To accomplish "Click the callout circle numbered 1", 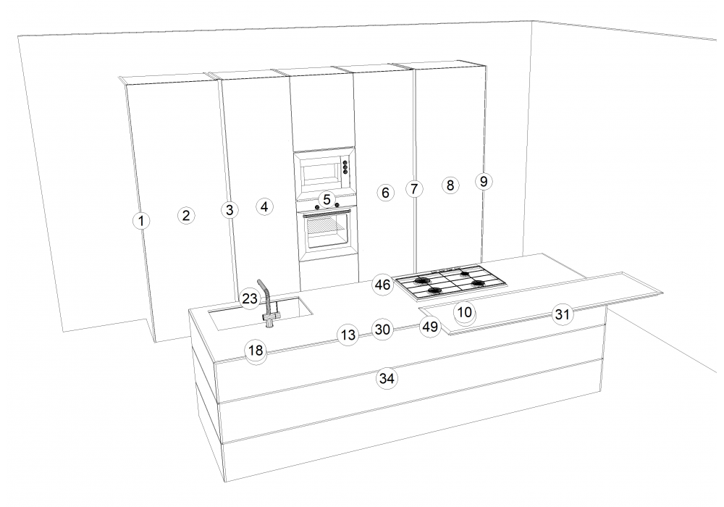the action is coord(141,221).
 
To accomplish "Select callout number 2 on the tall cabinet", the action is coord(186,215).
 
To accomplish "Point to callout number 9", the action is coord(484,182).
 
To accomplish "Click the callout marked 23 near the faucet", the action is coord(249,298).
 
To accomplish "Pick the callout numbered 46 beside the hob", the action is coord(383,285).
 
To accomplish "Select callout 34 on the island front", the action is coord(387,378).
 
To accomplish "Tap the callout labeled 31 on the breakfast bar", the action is coord(562,314).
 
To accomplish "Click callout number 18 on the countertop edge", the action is coord(256,351).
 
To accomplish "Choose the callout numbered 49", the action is coord(430,327).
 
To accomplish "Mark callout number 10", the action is coord(465,312).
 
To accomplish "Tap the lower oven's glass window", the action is coord(327,233).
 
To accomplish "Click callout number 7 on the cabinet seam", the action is coord(414,189).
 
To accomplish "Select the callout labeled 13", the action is coord(348,335).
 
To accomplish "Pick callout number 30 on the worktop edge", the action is coord(383,330).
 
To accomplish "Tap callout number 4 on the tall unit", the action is coord(264,206).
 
